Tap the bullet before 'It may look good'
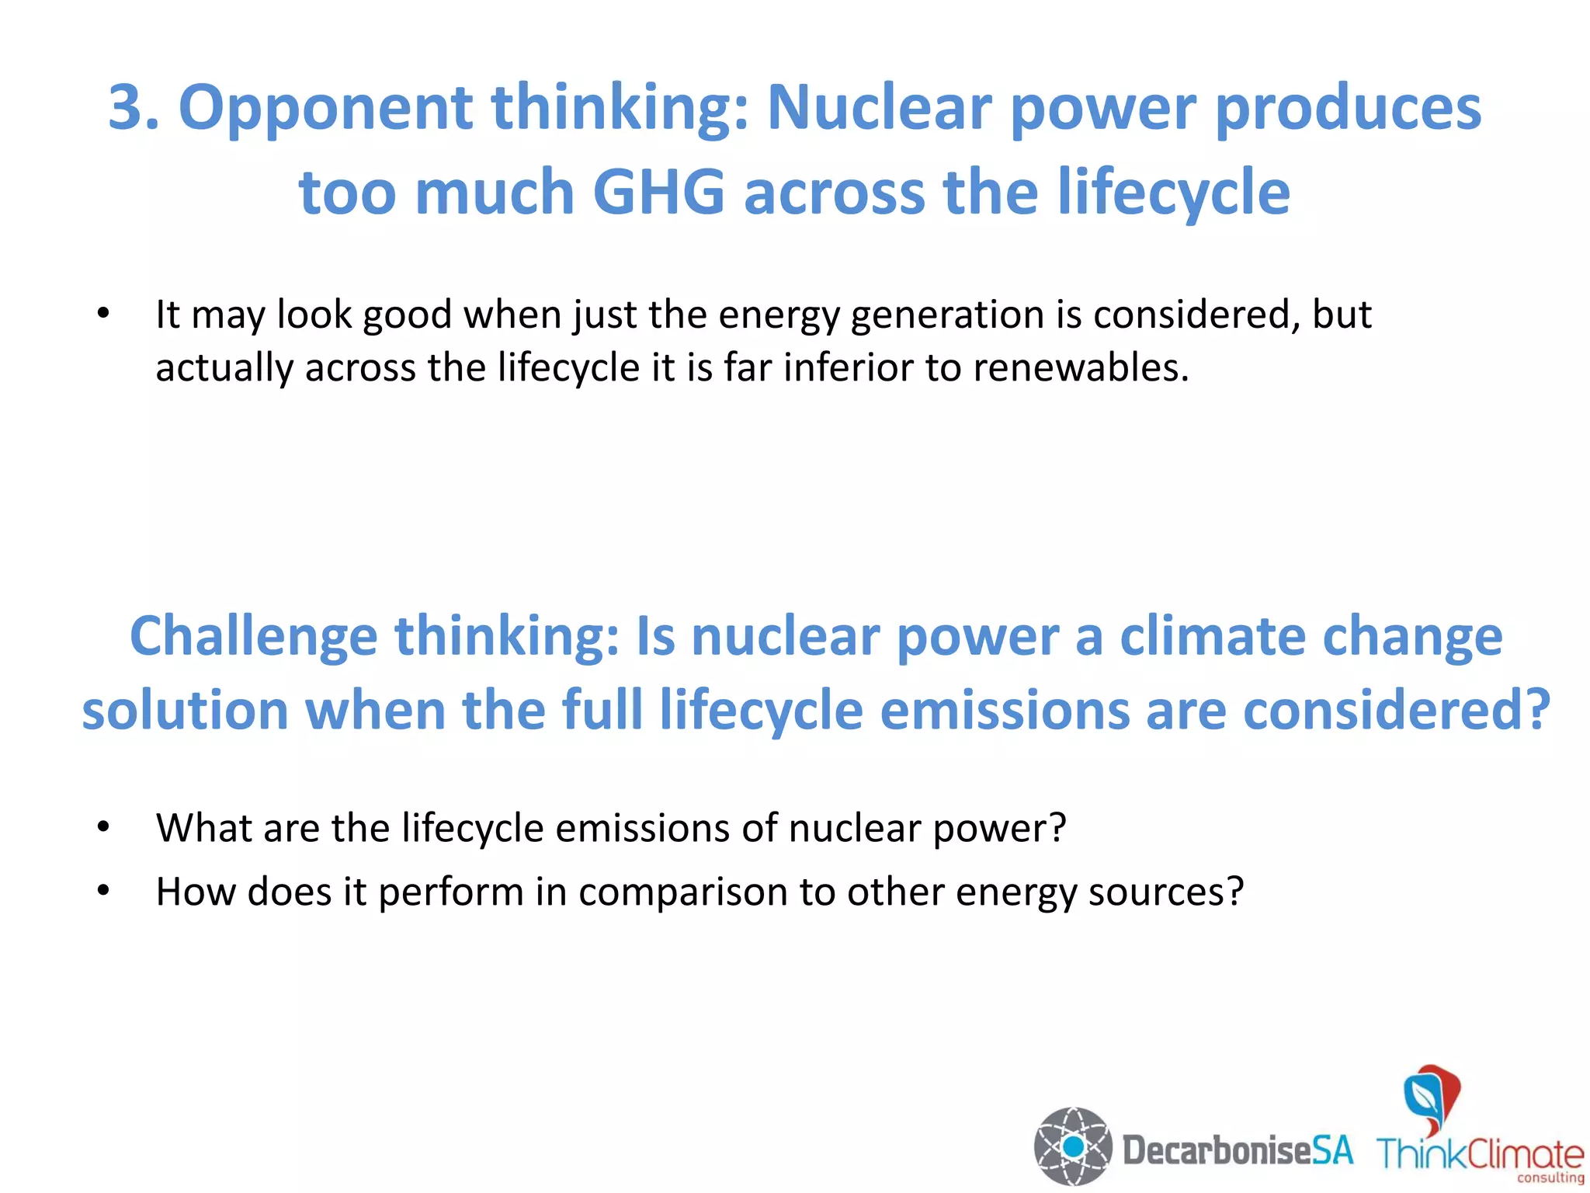(103, 314)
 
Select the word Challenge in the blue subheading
(253, 637)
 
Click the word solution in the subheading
(185, 710)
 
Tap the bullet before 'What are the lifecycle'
(103, 827)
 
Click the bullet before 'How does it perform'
(103, 891)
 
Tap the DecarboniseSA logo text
(1238, 1150)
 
